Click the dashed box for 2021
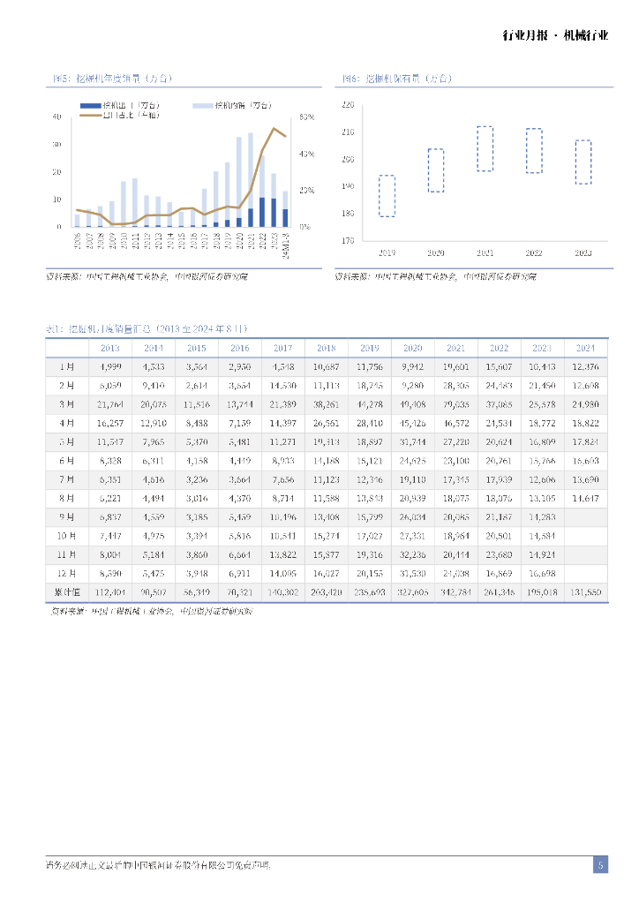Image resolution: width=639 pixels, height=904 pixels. tap(485, 148)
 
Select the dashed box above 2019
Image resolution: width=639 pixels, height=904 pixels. tap(387, 195)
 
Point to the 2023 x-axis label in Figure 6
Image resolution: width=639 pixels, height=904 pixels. tap(583, 252)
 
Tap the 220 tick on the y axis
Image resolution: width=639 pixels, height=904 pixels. tap(347, 105)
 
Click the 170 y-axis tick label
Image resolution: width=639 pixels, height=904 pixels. tap(347, 240)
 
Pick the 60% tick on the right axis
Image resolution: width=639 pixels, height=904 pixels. tap(307, 117)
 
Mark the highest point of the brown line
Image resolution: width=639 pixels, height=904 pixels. tap(274, 129)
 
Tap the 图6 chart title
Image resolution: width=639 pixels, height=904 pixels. tap(397, 79)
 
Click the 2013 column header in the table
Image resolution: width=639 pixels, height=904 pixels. tap(110, 348)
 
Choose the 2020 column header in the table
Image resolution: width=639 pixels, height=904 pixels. tap(413, 348)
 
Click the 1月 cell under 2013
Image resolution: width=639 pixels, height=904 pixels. tap(110, 366)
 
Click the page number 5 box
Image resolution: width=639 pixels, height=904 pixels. tap(600, 865)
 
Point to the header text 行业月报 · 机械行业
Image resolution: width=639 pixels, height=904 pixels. tap(555, 35)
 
